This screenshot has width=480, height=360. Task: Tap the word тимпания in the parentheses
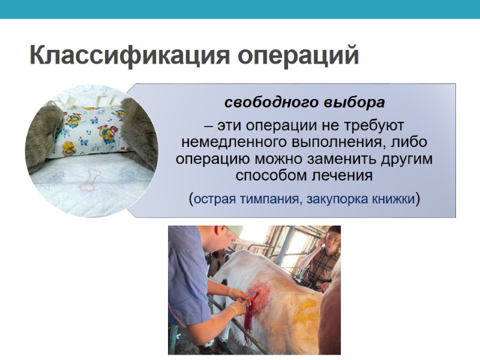coord(271,199)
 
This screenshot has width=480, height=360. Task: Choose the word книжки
coord(394,199)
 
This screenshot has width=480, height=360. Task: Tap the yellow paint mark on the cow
coord(305,312)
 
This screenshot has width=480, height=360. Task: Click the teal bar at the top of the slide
coord(240,9)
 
